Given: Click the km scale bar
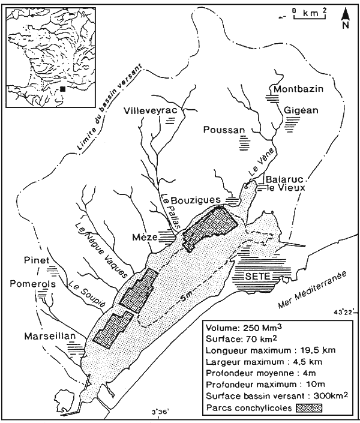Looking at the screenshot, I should point(309,14).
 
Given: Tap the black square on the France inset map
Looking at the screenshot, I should point(62,89).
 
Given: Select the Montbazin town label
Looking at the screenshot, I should point(298,89).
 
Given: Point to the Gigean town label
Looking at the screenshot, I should point(293,110).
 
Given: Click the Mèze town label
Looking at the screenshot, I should point(145,238).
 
